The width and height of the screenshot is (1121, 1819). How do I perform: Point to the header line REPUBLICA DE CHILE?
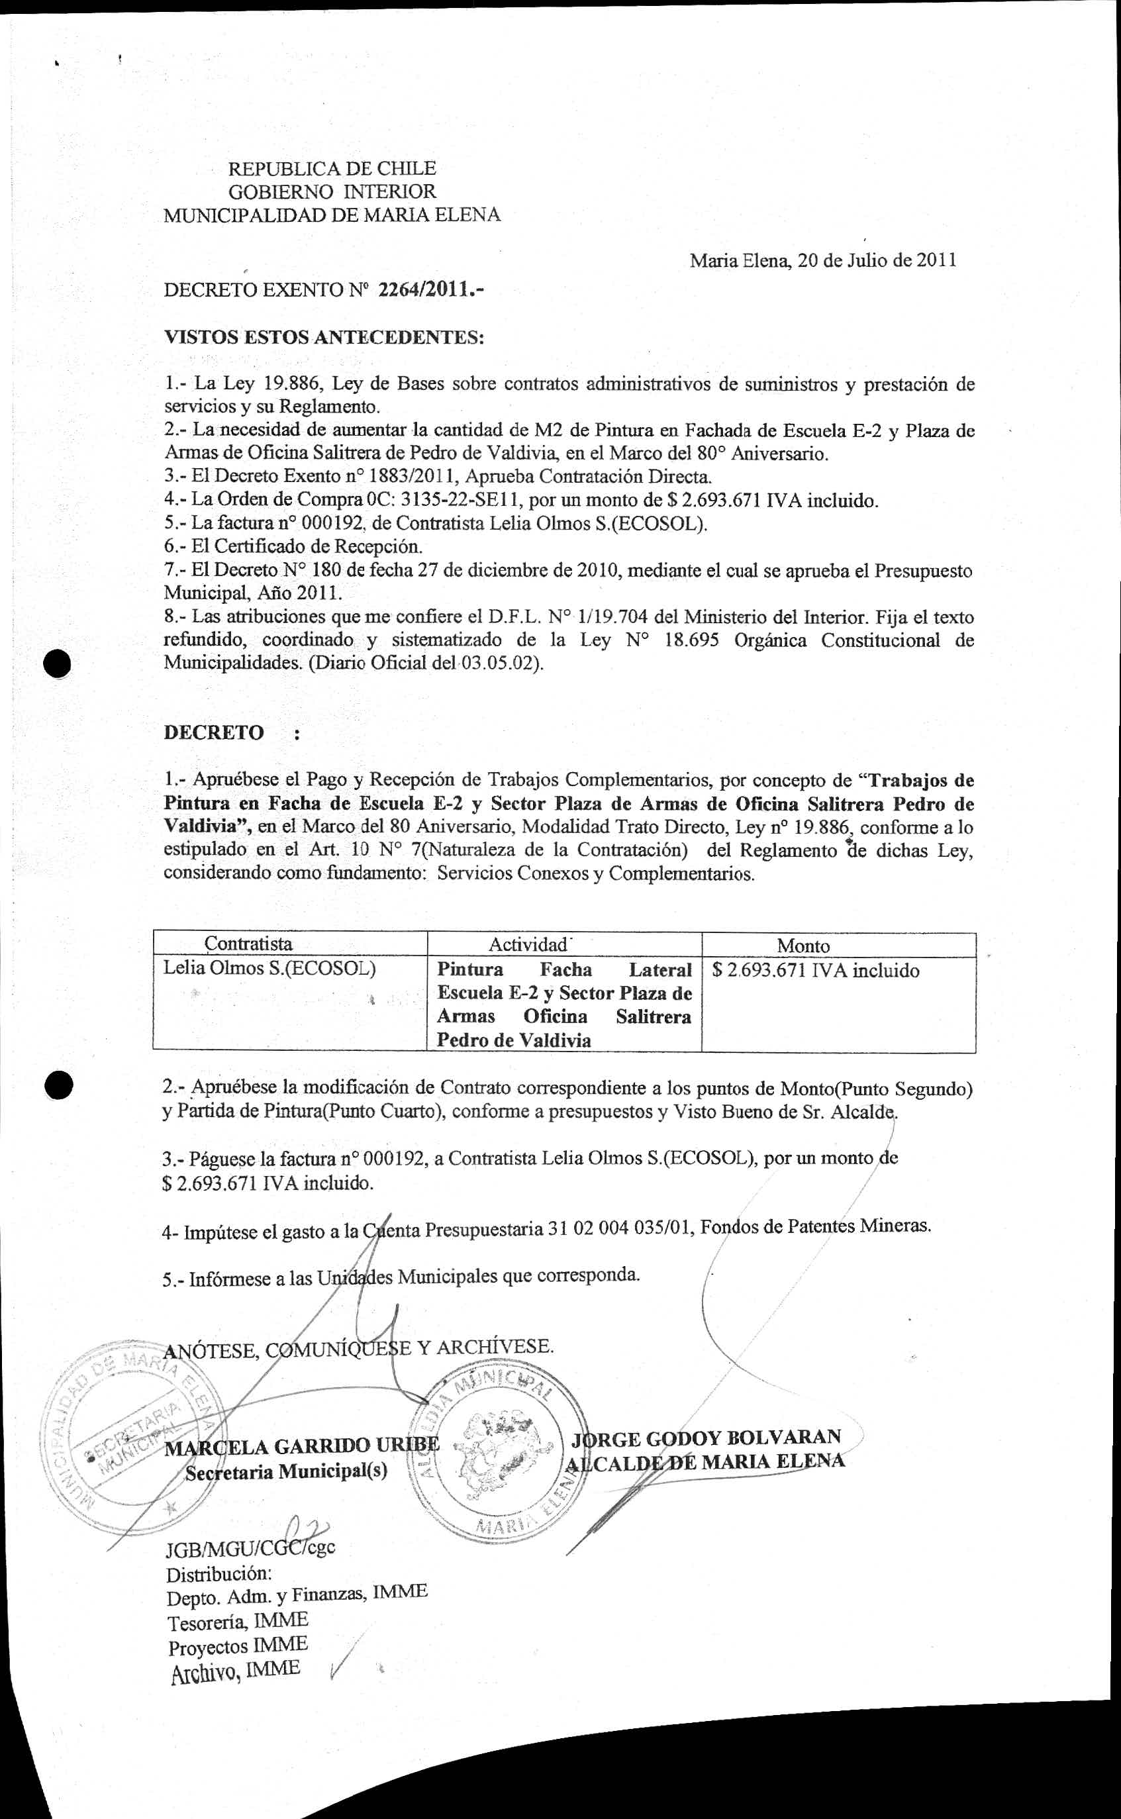[332, 168]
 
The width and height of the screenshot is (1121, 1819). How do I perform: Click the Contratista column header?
[248, 944]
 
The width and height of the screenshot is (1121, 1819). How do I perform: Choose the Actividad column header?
[528, 944]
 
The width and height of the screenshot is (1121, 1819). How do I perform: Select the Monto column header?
[803, 946]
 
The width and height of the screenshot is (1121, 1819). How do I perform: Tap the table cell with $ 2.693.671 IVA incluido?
[816, 970]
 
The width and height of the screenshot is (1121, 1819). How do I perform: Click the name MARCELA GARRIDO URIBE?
[302, 1446]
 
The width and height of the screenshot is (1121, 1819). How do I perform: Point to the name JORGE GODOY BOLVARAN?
[707, 1438]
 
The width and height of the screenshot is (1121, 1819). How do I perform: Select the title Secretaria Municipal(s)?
[286, 1472]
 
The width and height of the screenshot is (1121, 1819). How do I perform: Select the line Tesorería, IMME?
[237, 1622]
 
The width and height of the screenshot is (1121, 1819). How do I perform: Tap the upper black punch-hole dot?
[57, 664]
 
